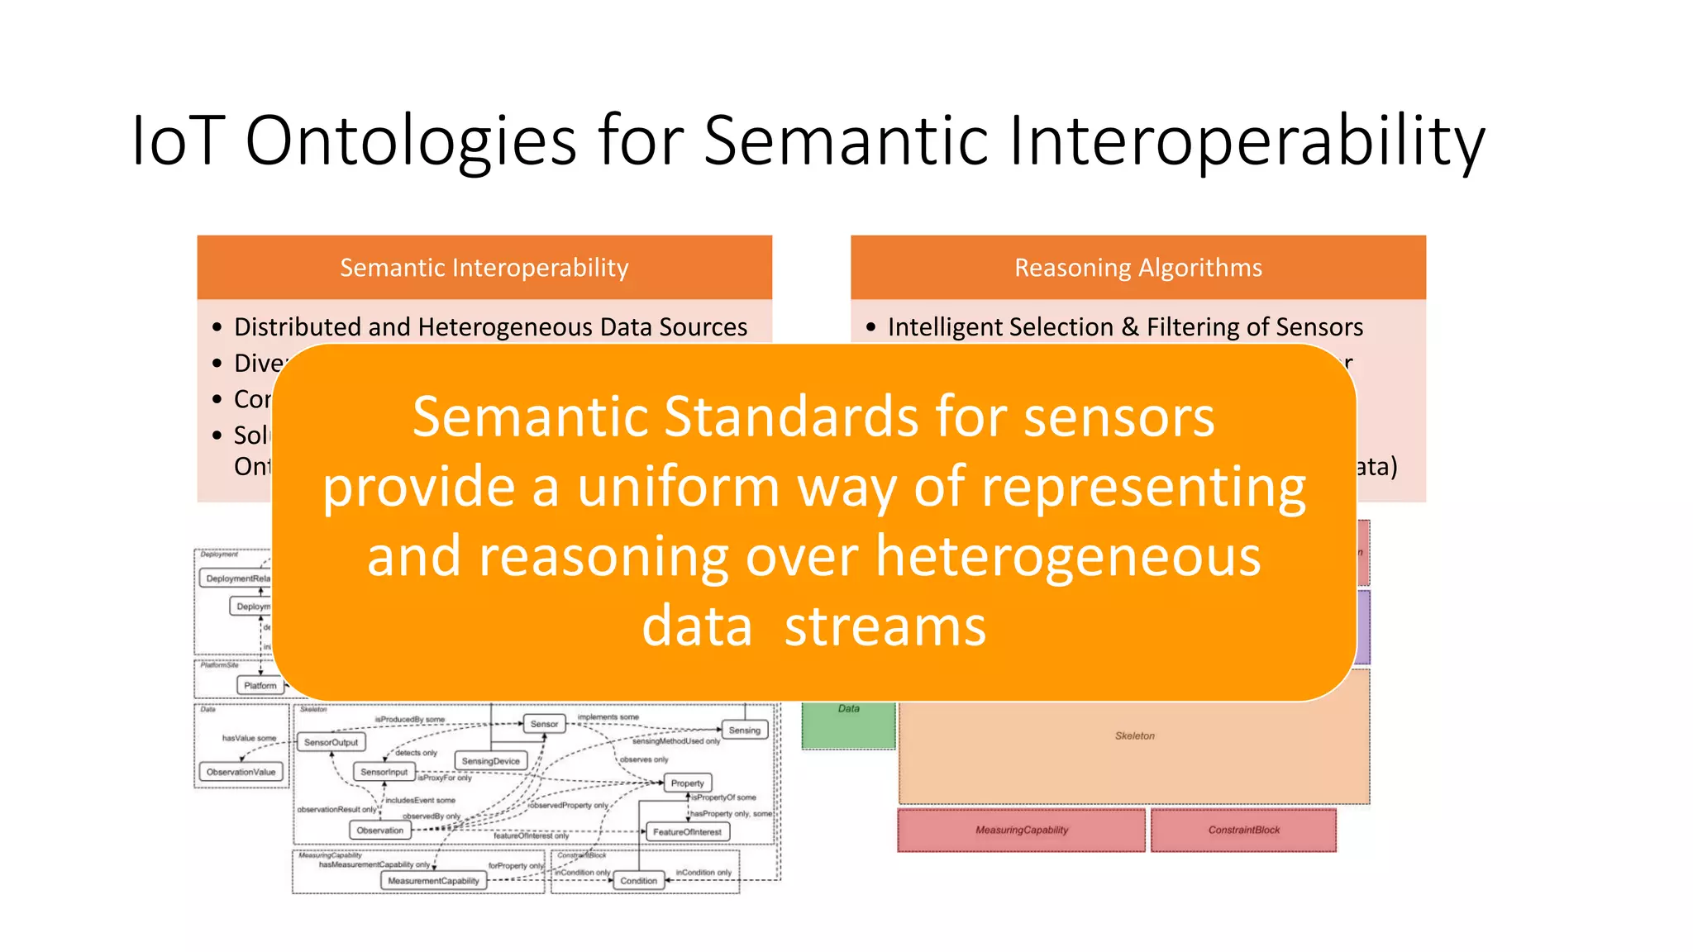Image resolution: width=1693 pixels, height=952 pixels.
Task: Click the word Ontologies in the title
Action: (x=411, y=140)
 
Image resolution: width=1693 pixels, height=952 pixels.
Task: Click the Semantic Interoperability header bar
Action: (x=484, y=268)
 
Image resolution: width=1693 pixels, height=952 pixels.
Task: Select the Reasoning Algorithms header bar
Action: (x=1137, y=268)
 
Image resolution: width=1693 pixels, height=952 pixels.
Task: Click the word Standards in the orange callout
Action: (x=794, y=417)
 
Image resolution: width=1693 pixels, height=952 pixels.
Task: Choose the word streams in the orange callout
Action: (x=885, y=626)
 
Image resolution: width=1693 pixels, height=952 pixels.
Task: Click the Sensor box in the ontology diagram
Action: (x=544, y=724)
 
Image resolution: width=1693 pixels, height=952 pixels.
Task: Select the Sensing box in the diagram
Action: (x=744, y=731)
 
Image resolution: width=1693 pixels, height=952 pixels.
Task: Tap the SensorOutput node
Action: (x=331, y=742)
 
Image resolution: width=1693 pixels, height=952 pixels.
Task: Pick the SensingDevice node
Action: (x=490, y=761)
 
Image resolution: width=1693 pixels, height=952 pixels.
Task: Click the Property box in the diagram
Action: (x=687, y=783)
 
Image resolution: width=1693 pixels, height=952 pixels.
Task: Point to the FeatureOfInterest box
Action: (x=687, y=832)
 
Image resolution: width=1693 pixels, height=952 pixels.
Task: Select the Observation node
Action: (x=380, y=831)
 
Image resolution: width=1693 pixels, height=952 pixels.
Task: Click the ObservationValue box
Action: (x=241, y=772)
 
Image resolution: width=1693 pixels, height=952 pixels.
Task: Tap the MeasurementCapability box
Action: (x=433, y=881)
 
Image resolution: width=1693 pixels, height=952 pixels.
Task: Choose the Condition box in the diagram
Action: (x=638, y=881)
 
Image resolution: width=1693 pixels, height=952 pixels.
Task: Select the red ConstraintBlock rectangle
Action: (x=1243, y=831)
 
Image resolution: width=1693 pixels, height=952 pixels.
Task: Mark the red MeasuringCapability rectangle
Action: (x=1022, y=831)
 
